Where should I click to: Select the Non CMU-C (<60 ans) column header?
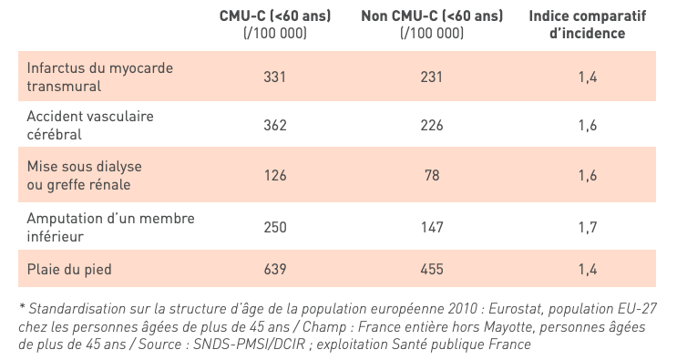pyautogui.click(x=432, y=25)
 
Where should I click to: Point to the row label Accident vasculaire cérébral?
pyautogui.click(x=90, y=126)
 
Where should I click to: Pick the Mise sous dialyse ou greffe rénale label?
pyautogui.click(x=85, y=176)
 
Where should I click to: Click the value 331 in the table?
pyautogui.click(x=275, y=77)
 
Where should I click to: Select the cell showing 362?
pyautogui.click(x=275, y=126)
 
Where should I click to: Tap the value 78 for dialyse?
pyautogui.click(x=432, y=175)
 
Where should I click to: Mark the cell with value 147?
pyautogui.click(x=432, y=226)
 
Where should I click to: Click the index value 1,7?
pyautogui.click(x=587, y=226)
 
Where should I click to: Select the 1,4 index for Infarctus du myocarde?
pyautogui.click(x=587, y=77)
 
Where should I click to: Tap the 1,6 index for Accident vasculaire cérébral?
pyautogui.click(x=587, y=126)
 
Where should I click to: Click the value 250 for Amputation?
pyautogui.click(x=275, y=226)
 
